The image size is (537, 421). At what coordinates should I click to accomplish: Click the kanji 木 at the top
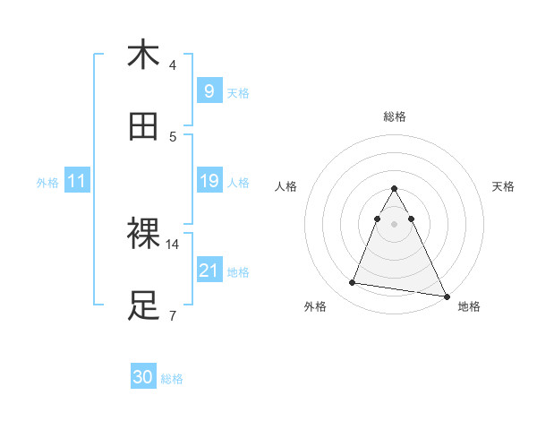[143, 55]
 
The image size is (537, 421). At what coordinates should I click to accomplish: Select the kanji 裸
[143, 234]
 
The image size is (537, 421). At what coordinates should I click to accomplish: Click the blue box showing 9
[209, 90]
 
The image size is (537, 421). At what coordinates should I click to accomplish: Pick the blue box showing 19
[209, 181]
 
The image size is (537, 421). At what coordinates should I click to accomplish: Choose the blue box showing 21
[209, 270]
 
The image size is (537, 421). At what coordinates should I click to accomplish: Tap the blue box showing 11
[77, 181]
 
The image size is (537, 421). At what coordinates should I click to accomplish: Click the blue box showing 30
[143, 377]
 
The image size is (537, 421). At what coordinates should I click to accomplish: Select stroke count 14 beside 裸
[173, 244]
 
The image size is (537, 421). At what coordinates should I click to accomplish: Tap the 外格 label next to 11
[47, 182]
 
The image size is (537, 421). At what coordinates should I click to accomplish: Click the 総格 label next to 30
[172, 379]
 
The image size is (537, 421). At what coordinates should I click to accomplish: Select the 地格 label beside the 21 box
[238, 272]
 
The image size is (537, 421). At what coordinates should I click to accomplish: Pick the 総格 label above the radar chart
[394, 116]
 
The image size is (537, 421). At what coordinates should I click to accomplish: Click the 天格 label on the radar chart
[504, 186]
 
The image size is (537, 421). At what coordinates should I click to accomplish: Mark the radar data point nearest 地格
[445, 296]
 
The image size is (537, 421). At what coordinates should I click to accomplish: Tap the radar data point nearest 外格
[353, 283]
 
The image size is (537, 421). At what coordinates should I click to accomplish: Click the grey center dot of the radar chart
[394, 223]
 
